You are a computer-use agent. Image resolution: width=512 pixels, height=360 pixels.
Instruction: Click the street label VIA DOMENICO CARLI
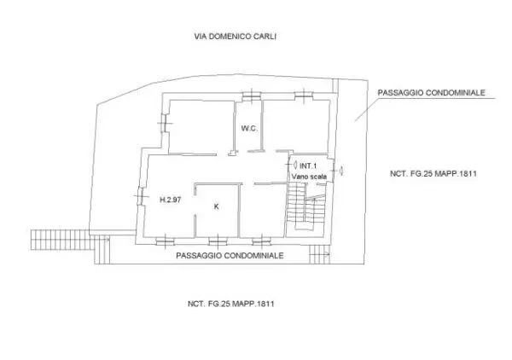(x=236, y=36)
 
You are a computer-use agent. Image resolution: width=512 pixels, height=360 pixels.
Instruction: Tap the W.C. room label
(x=249, y=128)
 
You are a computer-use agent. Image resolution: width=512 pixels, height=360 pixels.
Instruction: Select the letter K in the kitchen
(x=216, y=206)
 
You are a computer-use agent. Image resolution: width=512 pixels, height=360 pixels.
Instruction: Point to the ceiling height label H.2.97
(x=170, y=200)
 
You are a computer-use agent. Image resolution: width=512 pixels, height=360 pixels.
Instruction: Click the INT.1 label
(x=308, y=165)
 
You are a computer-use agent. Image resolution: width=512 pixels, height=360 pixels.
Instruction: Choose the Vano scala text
(x=309, y=177)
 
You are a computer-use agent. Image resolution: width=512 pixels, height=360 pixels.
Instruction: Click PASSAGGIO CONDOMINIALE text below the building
(x=230, y=255)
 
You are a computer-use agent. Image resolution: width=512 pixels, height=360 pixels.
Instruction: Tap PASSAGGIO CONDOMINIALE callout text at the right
(x=431, y=93)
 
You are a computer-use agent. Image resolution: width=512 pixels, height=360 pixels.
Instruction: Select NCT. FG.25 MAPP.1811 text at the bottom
(x=231, y=304)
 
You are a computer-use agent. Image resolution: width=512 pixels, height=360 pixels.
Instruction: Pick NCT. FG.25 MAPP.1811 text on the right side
(x=433, y=173)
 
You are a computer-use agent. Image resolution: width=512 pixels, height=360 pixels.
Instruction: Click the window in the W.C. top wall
(x=252, y=96)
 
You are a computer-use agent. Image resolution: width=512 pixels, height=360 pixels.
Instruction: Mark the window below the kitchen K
(x=218, y=241)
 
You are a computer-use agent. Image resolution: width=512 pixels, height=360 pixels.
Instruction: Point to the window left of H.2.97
(x=141, y=196)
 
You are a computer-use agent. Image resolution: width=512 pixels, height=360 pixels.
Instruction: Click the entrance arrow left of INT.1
(x=295, y=165)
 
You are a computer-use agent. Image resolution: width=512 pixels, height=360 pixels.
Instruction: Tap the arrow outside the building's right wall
(x=341, y=171)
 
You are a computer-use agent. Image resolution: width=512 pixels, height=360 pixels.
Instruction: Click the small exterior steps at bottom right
(x=320, y=254)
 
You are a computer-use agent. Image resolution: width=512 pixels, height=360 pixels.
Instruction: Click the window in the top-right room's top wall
(x=304, y=95)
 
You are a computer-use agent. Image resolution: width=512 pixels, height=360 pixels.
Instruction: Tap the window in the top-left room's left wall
(x=165, y=123)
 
